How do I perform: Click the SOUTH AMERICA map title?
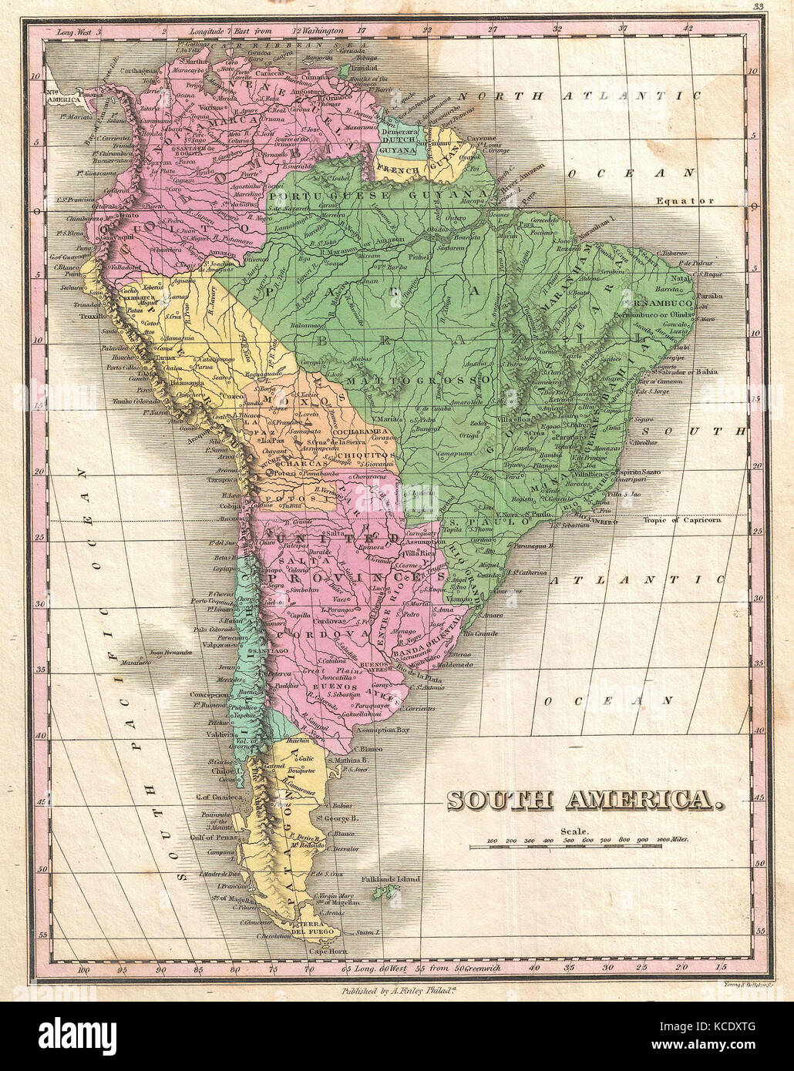(586, 801)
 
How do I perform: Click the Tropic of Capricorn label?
(681, 520)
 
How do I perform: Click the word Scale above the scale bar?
(574, 831)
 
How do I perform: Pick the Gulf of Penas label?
(214, 836)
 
